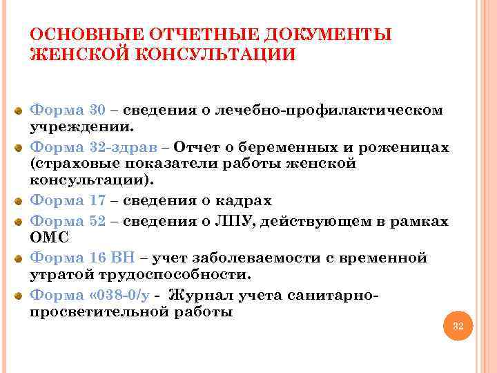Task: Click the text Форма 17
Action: [68, 201]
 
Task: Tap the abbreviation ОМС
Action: [46, 238]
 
